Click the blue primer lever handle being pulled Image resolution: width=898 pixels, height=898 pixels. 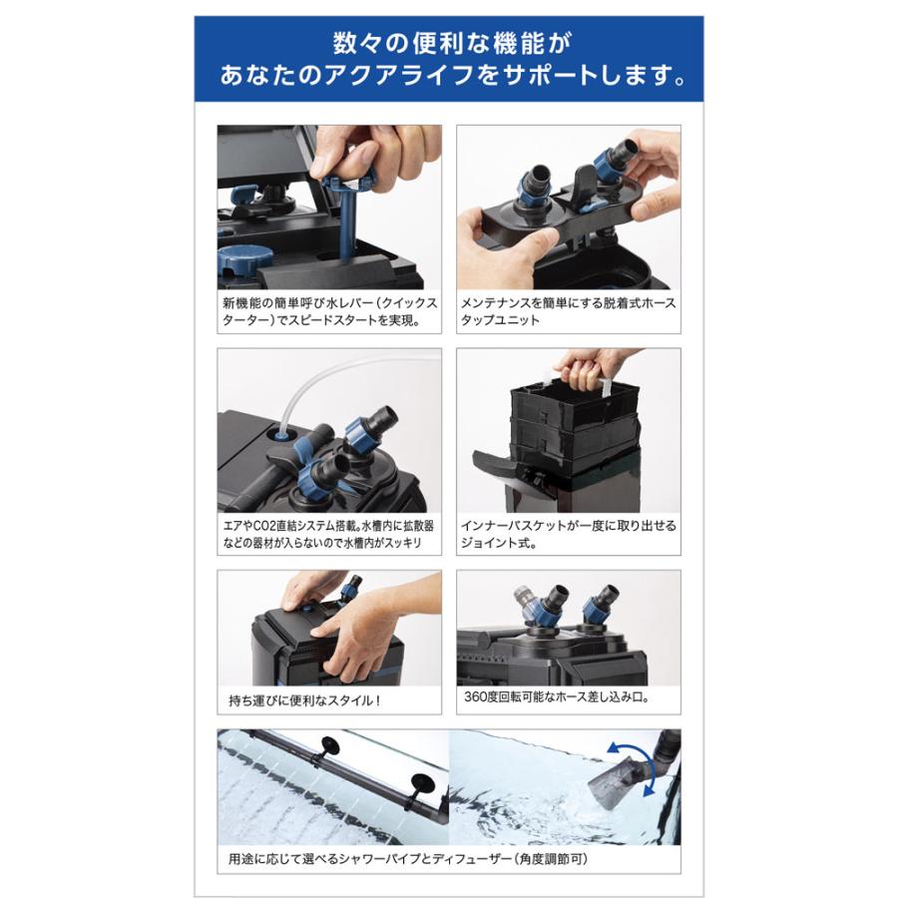coord(348,183)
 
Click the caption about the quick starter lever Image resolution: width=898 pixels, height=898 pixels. coord(329,311)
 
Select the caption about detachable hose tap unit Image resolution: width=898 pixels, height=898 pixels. coord(568,311)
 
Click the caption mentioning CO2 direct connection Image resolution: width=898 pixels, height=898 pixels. coord(328,534)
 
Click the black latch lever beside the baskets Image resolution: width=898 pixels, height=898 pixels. coord(494,462)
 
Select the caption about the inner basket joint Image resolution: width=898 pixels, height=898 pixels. coord(568,534)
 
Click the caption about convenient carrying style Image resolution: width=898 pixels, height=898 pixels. coord(304,699)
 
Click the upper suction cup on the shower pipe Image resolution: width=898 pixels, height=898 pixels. coord(329,745)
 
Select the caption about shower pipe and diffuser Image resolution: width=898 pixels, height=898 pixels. coord(408,859)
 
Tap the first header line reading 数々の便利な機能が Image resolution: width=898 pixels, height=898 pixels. coord(452,43)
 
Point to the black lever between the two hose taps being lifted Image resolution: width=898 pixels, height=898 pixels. coord(584,185)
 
